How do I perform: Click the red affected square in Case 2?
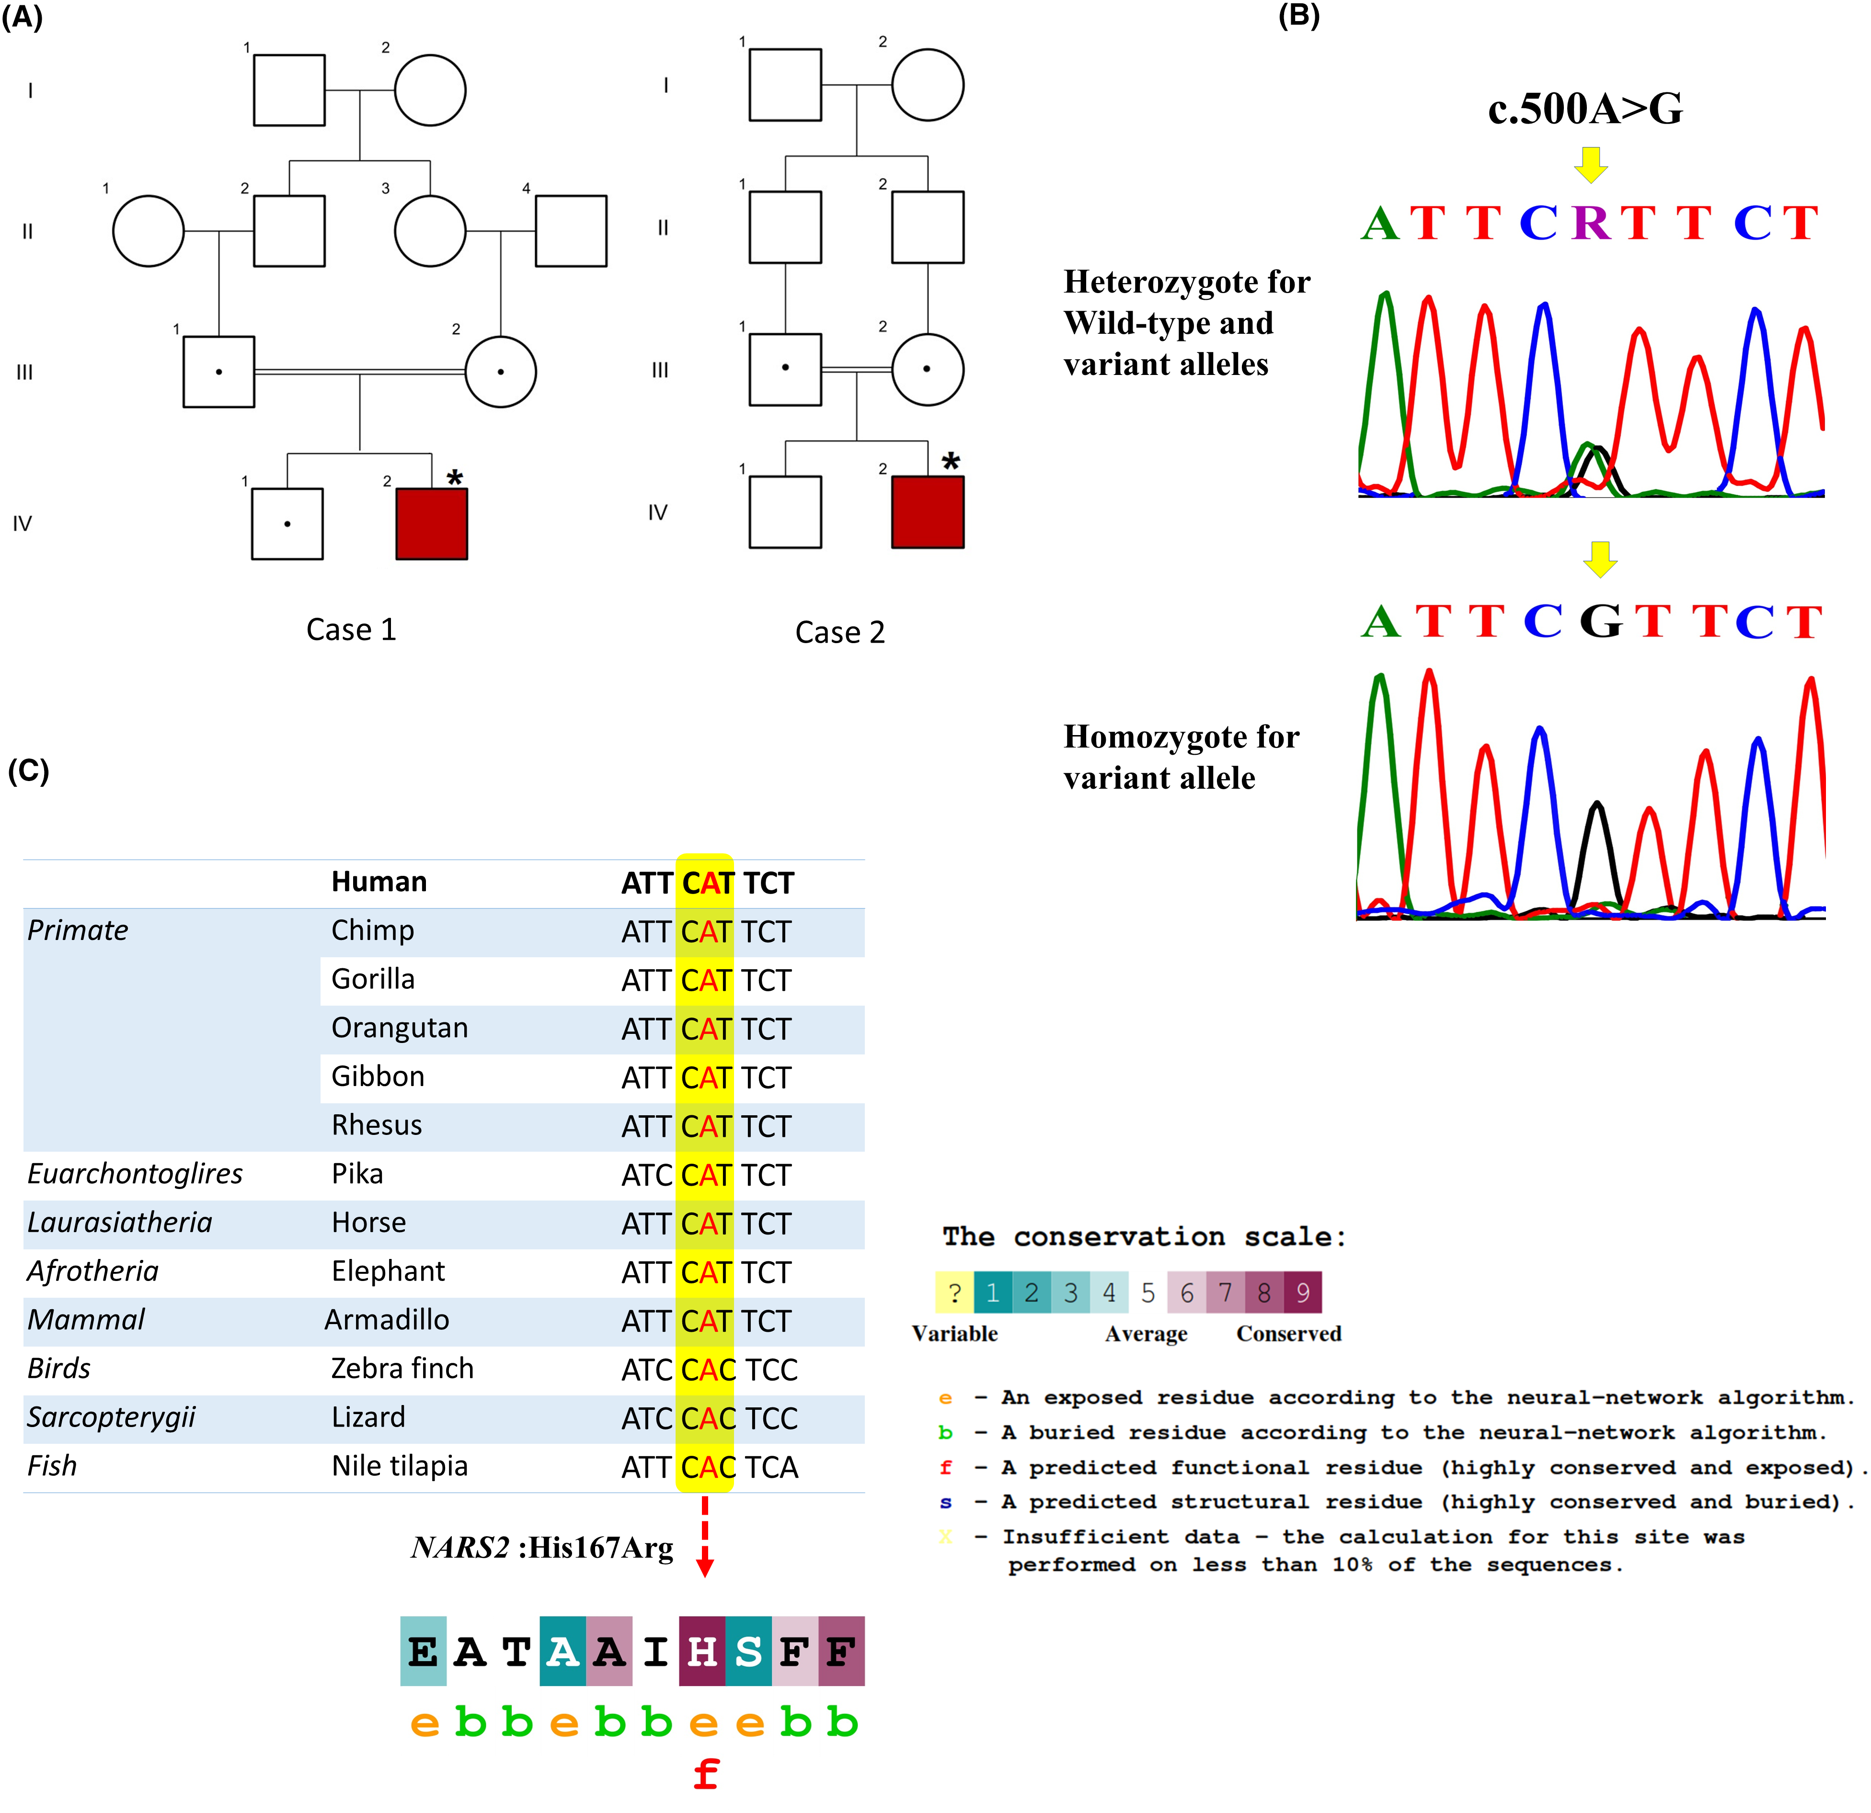[x=927, y=512]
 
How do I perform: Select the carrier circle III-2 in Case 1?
[x=500, y=371]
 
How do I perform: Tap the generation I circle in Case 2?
[x=927, y=85]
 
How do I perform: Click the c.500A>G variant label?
[x=1584, y=109]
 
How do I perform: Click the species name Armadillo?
[x=387, y=1320]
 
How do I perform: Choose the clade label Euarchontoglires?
[x=135, y=1174]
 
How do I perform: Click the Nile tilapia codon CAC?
[x=707, y=1467]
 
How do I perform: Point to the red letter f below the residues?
[x=705, y=1775]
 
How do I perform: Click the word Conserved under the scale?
[x=1289, y=1334]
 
